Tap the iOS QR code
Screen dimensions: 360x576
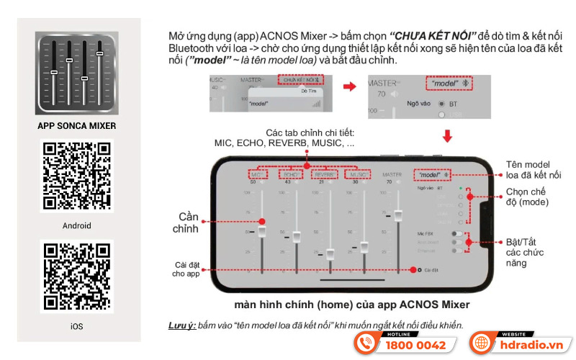(x=77, y=277)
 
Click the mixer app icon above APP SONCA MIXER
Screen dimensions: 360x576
(x=76, y=74)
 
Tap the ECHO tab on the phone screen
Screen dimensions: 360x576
(x=292, y=174)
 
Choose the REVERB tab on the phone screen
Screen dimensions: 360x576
(x=325, y=174)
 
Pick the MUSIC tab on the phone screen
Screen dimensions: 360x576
(x=359, y=174)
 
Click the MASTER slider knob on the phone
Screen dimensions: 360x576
(x=398, y=215)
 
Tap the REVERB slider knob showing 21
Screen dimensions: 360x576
(x=330, y=254)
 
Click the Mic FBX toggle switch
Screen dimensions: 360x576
(x=456, y=234)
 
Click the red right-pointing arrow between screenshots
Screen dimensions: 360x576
(x=349, y=86)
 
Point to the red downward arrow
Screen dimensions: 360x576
(x=447, y=136)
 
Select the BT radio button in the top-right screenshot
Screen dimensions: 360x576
(x=441, y=104)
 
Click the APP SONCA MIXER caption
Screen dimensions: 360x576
(x=76, y=126)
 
